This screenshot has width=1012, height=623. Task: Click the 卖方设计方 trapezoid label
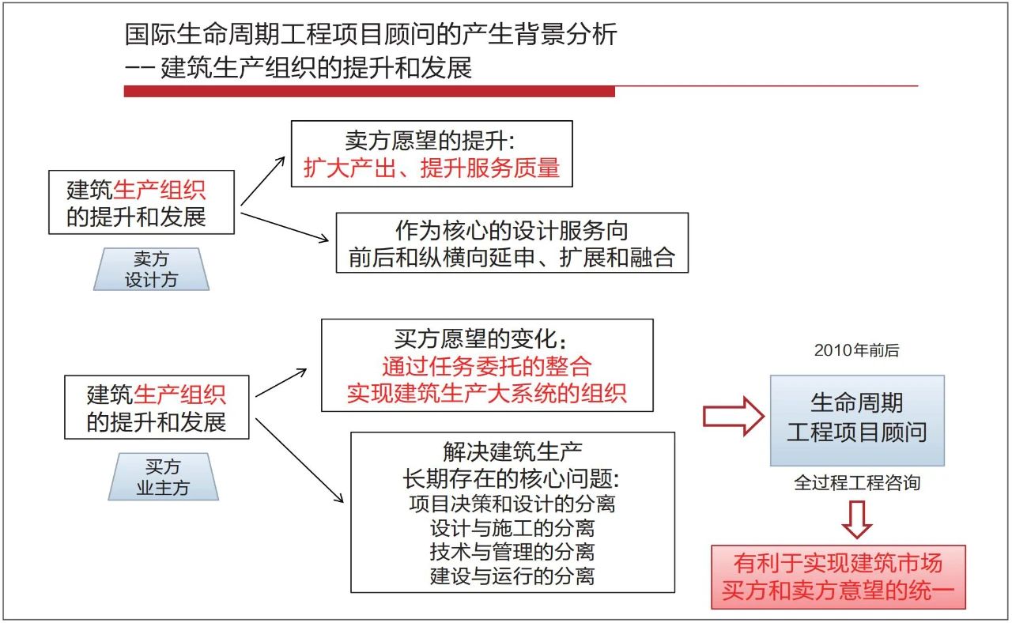pos(151,269)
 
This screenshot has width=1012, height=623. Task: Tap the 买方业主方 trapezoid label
pos(163,478)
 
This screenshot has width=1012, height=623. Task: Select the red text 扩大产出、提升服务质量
pos(431,168)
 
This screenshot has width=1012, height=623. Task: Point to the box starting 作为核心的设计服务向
pos(512,244)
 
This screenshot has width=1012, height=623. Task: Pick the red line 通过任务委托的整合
pos(486,367)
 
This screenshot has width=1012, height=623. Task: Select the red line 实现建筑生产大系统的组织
pos(486,393)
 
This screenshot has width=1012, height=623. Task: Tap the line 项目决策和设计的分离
pos(512,503)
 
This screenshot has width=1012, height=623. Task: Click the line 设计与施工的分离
pos(512,527)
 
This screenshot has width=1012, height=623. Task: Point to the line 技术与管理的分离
pos(512,551)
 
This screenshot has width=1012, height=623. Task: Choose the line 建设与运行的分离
pos(512,575)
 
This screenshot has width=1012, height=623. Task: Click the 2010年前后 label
pos(856,351)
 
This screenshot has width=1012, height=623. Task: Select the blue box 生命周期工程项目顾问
pos(857,420)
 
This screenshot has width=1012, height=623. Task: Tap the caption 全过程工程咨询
pos(857,482)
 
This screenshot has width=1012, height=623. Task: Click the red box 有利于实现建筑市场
pos(838,576)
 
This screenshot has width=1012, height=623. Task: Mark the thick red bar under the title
pos(369,92)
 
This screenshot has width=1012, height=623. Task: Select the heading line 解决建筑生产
pos(512,453)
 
